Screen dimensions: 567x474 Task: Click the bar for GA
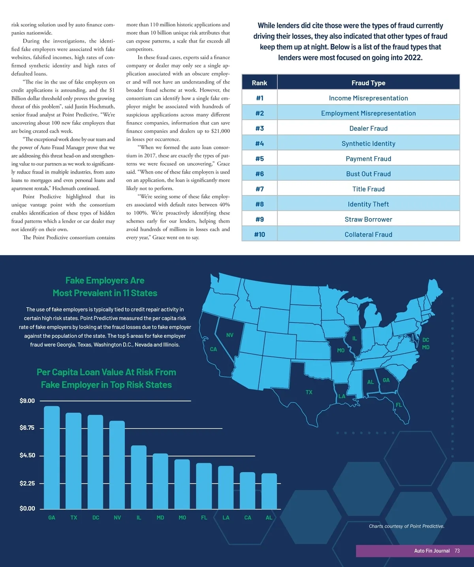point(52,457)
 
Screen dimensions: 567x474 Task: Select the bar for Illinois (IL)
point(139,477)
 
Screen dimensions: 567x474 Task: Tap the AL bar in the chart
point(269,491)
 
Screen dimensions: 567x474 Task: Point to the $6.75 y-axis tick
point(27,428)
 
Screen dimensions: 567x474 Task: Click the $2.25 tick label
point(27,483)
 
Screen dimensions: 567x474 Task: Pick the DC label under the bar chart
point(96,518)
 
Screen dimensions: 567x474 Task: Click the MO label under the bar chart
point(182,518)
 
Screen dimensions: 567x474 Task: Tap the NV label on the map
point(229,335)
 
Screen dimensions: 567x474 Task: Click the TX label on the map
point(309,392)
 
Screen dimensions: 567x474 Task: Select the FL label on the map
point(399,405)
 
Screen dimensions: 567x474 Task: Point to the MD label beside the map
point(425,347)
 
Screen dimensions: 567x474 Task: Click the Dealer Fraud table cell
point(368,129)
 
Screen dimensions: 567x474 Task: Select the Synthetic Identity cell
point(368,144)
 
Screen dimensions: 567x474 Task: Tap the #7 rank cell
point(260,189)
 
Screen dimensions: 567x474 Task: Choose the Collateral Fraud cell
point(368,235)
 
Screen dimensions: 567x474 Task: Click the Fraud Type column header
point(368,83)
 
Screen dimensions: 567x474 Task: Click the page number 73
point(457,551)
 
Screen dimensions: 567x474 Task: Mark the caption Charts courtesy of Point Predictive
point(406,526)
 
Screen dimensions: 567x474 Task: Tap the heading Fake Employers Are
point(105,281)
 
